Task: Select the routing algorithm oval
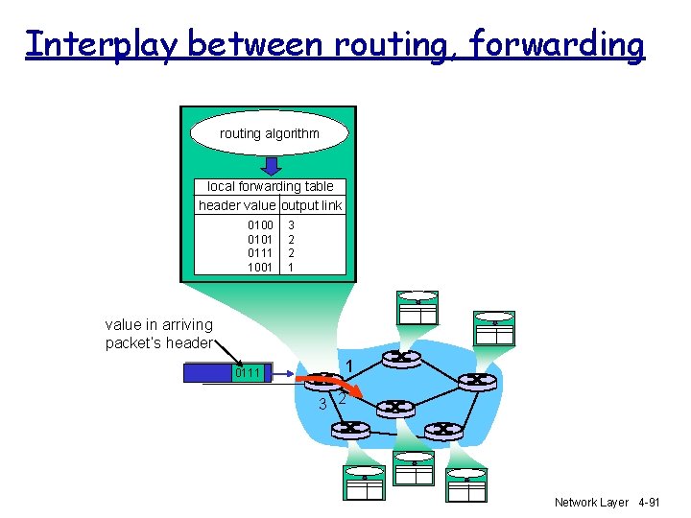point(269,133)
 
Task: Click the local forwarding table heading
point(270,186)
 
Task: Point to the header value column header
point(236,205)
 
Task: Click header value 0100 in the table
point(260,225)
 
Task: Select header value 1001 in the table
point(260,267)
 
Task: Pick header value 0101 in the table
point(260,239)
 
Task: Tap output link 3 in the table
point(291,225)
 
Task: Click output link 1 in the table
point(291,267)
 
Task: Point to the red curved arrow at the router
point(332,384)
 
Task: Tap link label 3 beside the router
point(322,404)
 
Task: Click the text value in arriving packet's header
point(159,334)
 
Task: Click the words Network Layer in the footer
point(591,502)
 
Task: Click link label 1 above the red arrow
point(351,365)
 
